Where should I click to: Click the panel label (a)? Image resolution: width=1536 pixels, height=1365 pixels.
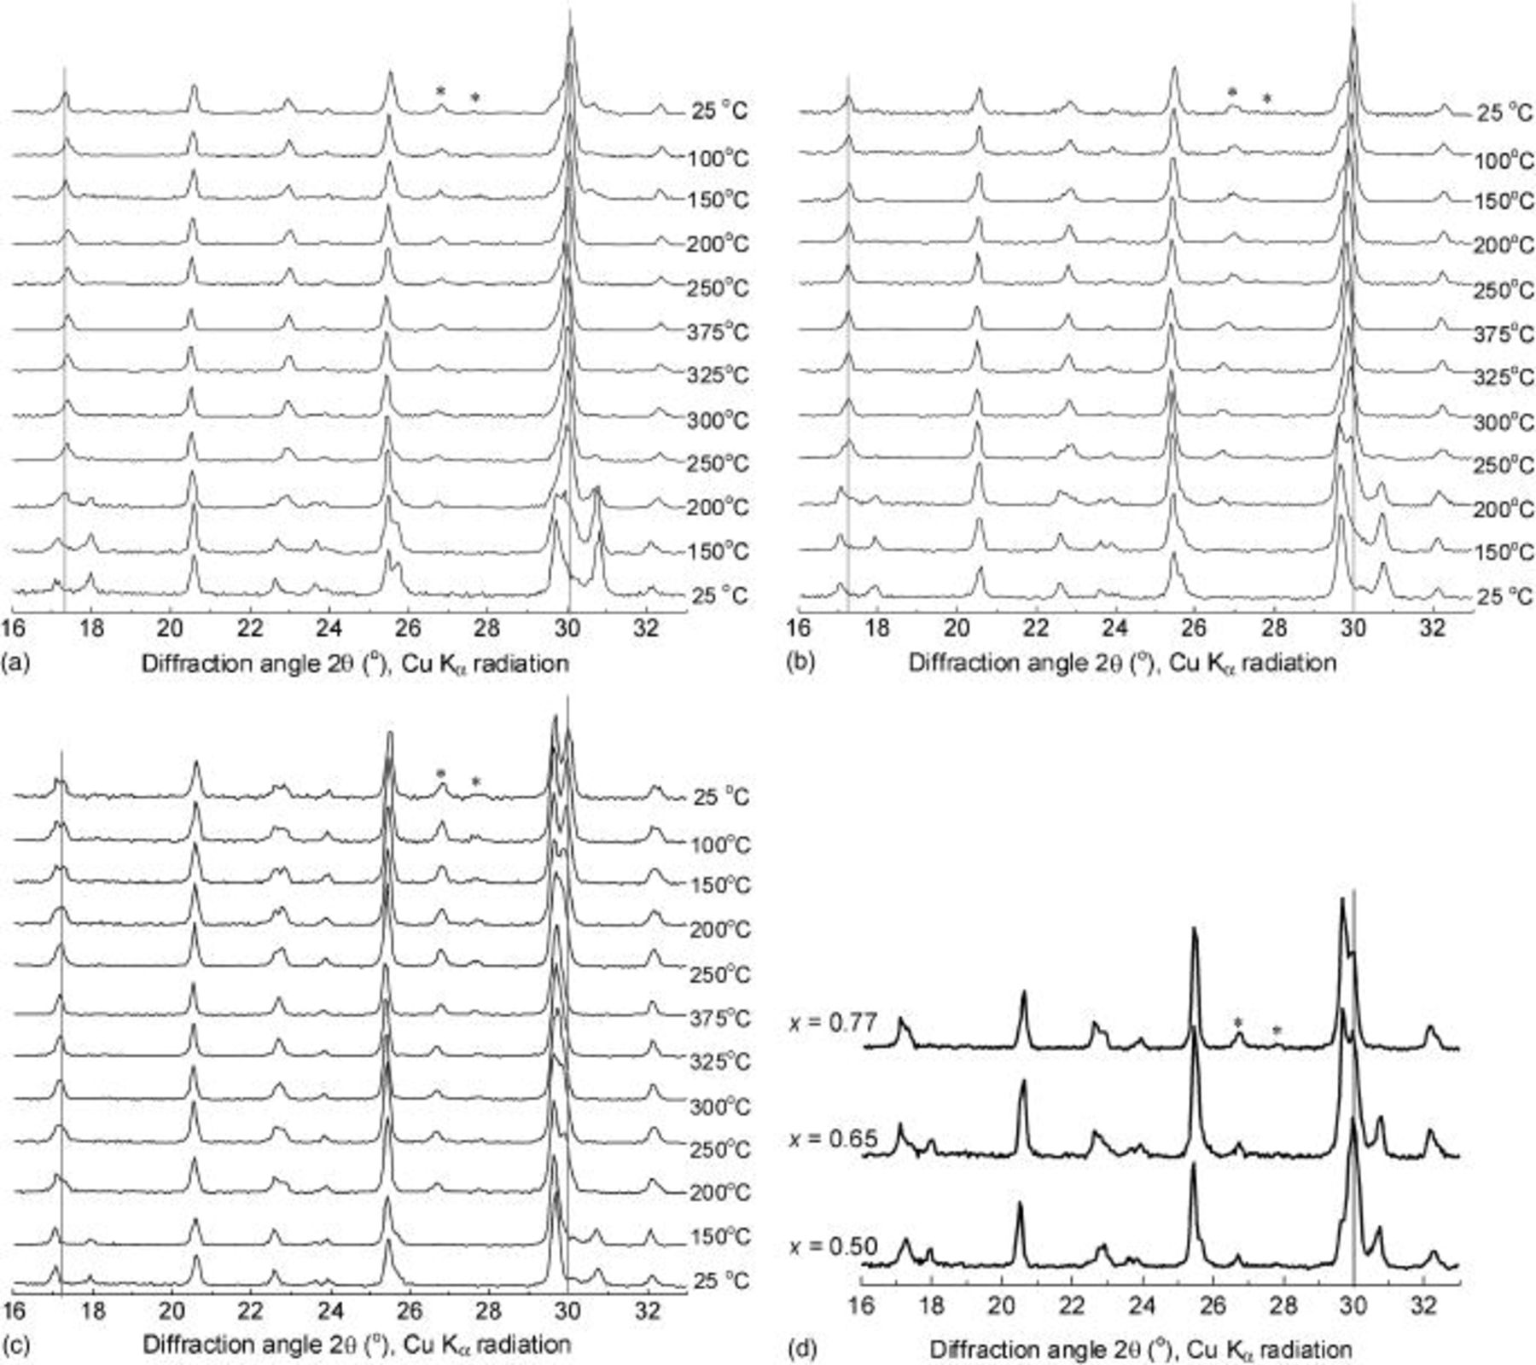coord(16,663)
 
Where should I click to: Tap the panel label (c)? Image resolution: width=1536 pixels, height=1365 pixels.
coord(16,1345)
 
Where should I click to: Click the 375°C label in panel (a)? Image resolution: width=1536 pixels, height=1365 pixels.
coord(718,332)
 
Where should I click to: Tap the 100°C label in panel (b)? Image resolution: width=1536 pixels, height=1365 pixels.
coord(1504,160)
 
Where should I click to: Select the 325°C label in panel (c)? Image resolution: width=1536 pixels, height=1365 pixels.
coord(720,1061)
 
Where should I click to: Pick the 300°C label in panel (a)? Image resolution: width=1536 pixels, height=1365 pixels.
coord(718,420)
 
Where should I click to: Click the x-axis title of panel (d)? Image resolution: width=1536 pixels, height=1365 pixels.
coord(1141,1350)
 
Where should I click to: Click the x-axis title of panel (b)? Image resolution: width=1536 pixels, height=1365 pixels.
coord(1122,663)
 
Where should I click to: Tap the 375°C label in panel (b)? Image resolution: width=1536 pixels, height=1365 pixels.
coord(1504,334)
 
